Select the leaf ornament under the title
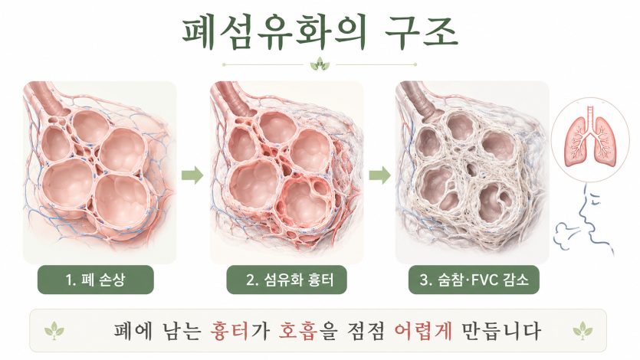tap(320, 64)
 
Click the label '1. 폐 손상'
tap(96, 280)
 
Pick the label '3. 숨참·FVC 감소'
tap(474, 280)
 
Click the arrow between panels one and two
tap(192, 175)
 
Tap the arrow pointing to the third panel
tap(380, 175)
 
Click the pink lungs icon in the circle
tap(589, 136)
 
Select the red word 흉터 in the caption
tap(230, 331)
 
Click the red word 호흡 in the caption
tap(298, 331)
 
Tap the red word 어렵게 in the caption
tap(423, 331)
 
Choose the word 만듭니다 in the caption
tap(501, 331)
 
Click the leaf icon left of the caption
tap(54, 331)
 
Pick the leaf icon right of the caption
tap(583, 331)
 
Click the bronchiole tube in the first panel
tap(48, 97)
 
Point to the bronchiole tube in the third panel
tap(422, 99)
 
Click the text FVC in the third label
tap(484, 280)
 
